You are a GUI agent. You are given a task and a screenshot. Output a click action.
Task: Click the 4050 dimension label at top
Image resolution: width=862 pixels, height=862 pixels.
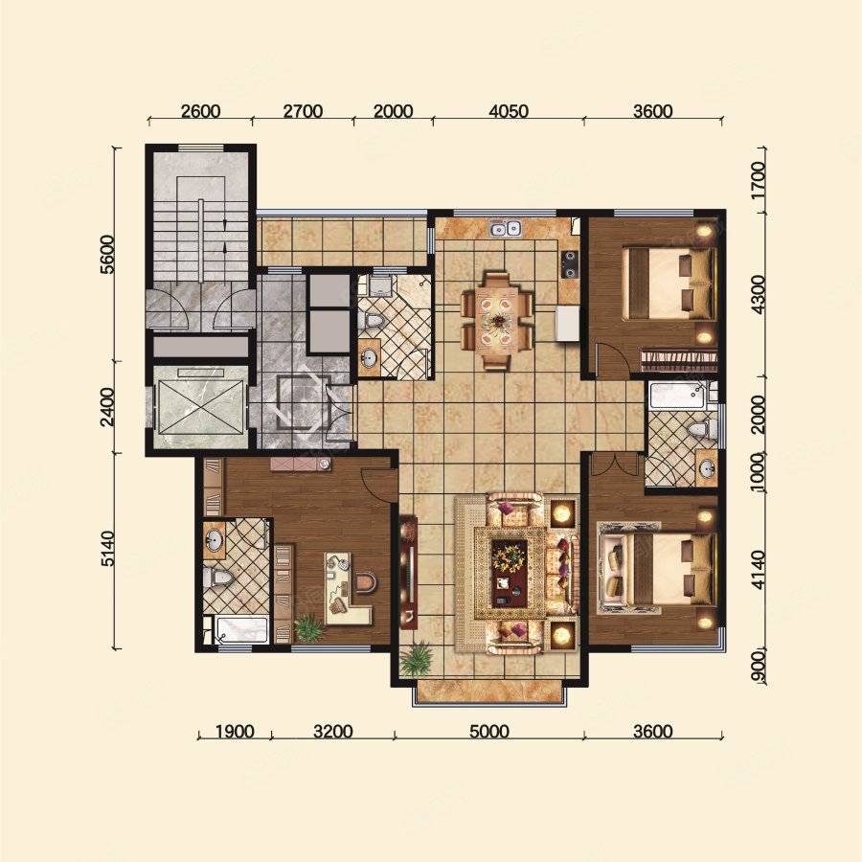(x=509, y=111)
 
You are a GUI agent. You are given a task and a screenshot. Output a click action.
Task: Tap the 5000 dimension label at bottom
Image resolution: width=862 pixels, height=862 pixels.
(x=488, y=732)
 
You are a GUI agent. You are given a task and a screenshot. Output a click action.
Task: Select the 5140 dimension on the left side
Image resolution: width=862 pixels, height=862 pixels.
(x=108, y=548)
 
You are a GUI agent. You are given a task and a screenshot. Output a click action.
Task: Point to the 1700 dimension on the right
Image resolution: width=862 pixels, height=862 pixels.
(x=759, y=180)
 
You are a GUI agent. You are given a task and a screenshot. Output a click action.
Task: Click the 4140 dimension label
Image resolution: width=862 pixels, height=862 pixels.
(x=759, y=570)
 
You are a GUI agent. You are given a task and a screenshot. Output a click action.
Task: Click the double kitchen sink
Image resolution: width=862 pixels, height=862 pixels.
(x=506, y=227)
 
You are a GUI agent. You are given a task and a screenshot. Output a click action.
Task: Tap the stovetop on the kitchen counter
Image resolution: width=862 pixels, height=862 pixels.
(x=570, y=264)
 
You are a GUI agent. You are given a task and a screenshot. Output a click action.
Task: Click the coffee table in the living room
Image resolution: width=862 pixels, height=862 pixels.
(x=510, y=572)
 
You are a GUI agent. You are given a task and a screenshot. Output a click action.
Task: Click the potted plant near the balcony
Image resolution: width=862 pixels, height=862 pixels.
(x=417, y=659)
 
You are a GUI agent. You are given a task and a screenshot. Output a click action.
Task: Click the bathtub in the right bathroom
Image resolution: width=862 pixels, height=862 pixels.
(x=679, y=396)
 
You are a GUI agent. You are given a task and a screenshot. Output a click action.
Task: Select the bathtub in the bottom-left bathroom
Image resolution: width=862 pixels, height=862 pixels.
(x=240, y=629)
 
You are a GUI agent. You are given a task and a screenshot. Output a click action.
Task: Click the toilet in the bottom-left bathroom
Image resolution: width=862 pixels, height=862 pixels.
(x=217, y=578)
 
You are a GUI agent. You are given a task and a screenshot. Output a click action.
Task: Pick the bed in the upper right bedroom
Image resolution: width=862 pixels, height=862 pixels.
(x=669, y=284)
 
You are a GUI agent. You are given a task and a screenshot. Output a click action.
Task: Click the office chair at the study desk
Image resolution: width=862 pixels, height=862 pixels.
(x=365, y=581)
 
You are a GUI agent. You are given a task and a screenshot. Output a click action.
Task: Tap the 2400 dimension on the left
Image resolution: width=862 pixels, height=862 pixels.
(x=108, y=407)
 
